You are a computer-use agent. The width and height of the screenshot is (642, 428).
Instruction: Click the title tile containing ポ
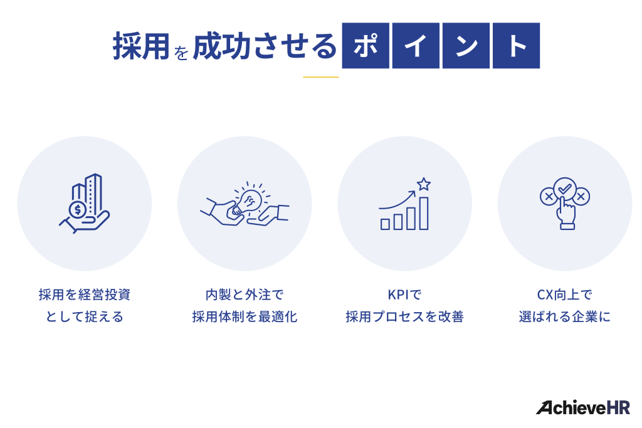click(366, 46)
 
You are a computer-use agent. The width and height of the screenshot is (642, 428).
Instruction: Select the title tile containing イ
click(416, 46)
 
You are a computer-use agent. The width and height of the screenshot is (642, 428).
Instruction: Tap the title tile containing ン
click(466, 46)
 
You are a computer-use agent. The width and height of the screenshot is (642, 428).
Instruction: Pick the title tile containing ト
click(516, 46)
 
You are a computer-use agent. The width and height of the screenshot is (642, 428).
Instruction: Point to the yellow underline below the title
click(320, 77)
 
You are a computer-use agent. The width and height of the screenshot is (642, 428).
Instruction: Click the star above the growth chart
click(424, 184)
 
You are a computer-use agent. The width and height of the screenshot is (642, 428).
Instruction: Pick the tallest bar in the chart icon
click(424, 213)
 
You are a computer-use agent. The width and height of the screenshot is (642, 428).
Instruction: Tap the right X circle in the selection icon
click(581, 197)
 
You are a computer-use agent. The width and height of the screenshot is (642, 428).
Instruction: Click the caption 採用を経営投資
click(85, 294)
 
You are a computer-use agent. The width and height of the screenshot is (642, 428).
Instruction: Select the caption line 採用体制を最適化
click(245, 316)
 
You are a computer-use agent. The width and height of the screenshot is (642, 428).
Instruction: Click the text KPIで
click(404, 294)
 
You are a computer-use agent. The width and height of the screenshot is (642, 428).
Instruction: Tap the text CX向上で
click(564, 294)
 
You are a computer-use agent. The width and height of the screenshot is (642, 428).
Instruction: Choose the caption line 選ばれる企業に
click(564, 316)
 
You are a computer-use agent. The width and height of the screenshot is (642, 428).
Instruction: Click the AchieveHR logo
click(582, 407)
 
